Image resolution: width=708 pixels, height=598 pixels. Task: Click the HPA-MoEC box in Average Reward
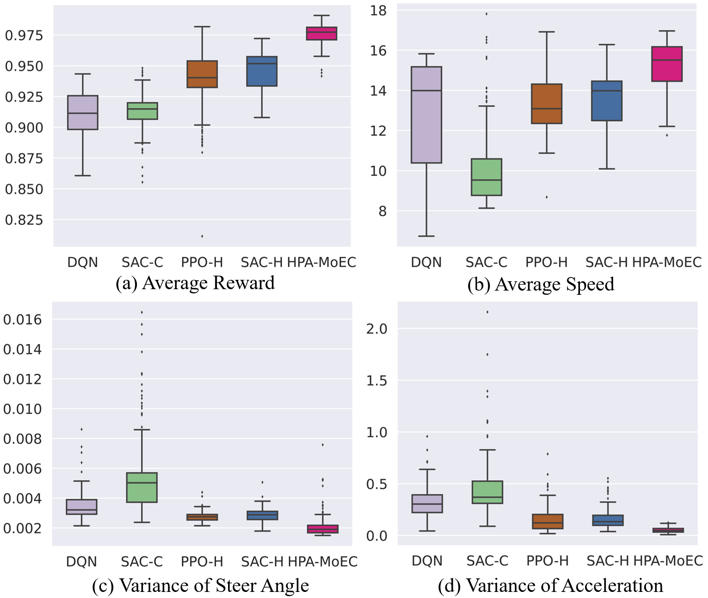(322, 34)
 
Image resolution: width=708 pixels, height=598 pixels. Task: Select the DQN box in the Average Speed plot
(426, 115)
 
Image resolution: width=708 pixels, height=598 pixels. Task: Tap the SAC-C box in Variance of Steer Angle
(142, 487)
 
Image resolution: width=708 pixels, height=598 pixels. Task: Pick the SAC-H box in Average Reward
(262, 71)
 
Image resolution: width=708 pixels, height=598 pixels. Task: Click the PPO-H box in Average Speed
(546, 104)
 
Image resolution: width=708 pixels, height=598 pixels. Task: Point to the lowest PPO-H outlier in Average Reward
(202, 236)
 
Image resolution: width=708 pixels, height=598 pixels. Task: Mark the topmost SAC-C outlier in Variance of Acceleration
(487, 312)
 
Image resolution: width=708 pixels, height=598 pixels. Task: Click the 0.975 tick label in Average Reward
(24, 36)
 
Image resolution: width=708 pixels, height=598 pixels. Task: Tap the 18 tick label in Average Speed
(378, 10)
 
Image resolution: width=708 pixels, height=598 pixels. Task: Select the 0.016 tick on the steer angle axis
(22, 320)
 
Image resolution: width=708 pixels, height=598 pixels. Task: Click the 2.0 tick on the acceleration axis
(377, 329)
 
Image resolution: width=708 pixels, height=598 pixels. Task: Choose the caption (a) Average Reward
(195, 283)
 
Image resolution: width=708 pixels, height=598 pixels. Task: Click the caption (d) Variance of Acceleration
(550, 585)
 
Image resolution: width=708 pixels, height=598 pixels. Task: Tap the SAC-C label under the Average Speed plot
(486, 263)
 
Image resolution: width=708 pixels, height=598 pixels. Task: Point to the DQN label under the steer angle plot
(81, 562)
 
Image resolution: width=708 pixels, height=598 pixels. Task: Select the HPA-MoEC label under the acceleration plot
(668, 561)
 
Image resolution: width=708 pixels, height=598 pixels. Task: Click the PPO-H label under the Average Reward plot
(202, 263)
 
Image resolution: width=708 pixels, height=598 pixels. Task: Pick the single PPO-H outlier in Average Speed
(546, 197)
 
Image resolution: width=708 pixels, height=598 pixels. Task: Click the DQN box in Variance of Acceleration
(427, 504)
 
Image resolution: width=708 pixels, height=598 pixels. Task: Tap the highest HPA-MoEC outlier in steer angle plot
(322, 445)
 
